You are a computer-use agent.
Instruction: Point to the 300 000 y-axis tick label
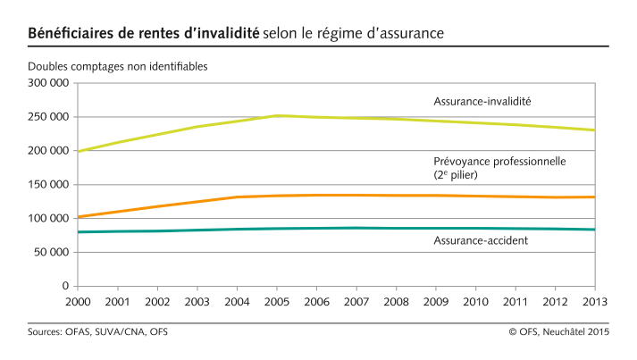coord(49,83)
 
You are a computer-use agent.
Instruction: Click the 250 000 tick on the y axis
coord(49,117)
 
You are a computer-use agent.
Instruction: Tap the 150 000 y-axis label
coord(49,185)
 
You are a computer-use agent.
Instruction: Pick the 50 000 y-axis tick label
coord(52,253)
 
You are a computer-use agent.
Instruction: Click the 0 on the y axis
coord(65,287)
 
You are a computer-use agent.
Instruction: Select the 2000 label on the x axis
coord(78,303)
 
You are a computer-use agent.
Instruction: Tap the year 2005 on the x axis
coord(277,303)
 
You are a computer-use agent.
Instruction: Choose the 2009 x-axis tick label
coord(436,303)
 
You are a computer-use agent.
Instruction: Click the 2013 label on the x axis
coord(594,303)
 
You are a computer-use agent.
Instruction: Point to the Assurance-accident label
coord(480,239)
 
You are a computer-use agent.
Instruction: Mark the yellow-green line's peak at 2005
coord(277,115)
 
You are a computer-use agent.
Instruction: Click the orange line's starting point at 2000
coord(79,217)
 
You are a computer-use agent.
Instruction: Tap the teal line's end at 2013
coord(595,230)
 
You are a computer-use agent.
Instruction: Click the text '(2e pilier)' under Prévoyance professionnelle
coord(457,175)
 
